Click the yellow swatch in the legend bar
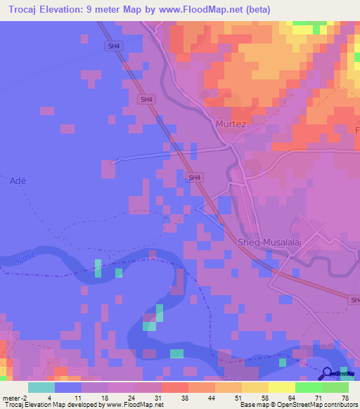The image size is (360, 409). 282,387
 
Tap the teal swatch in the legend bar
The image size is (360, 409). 41,387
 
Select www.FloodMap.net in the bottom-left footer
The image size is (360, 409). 132,405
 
